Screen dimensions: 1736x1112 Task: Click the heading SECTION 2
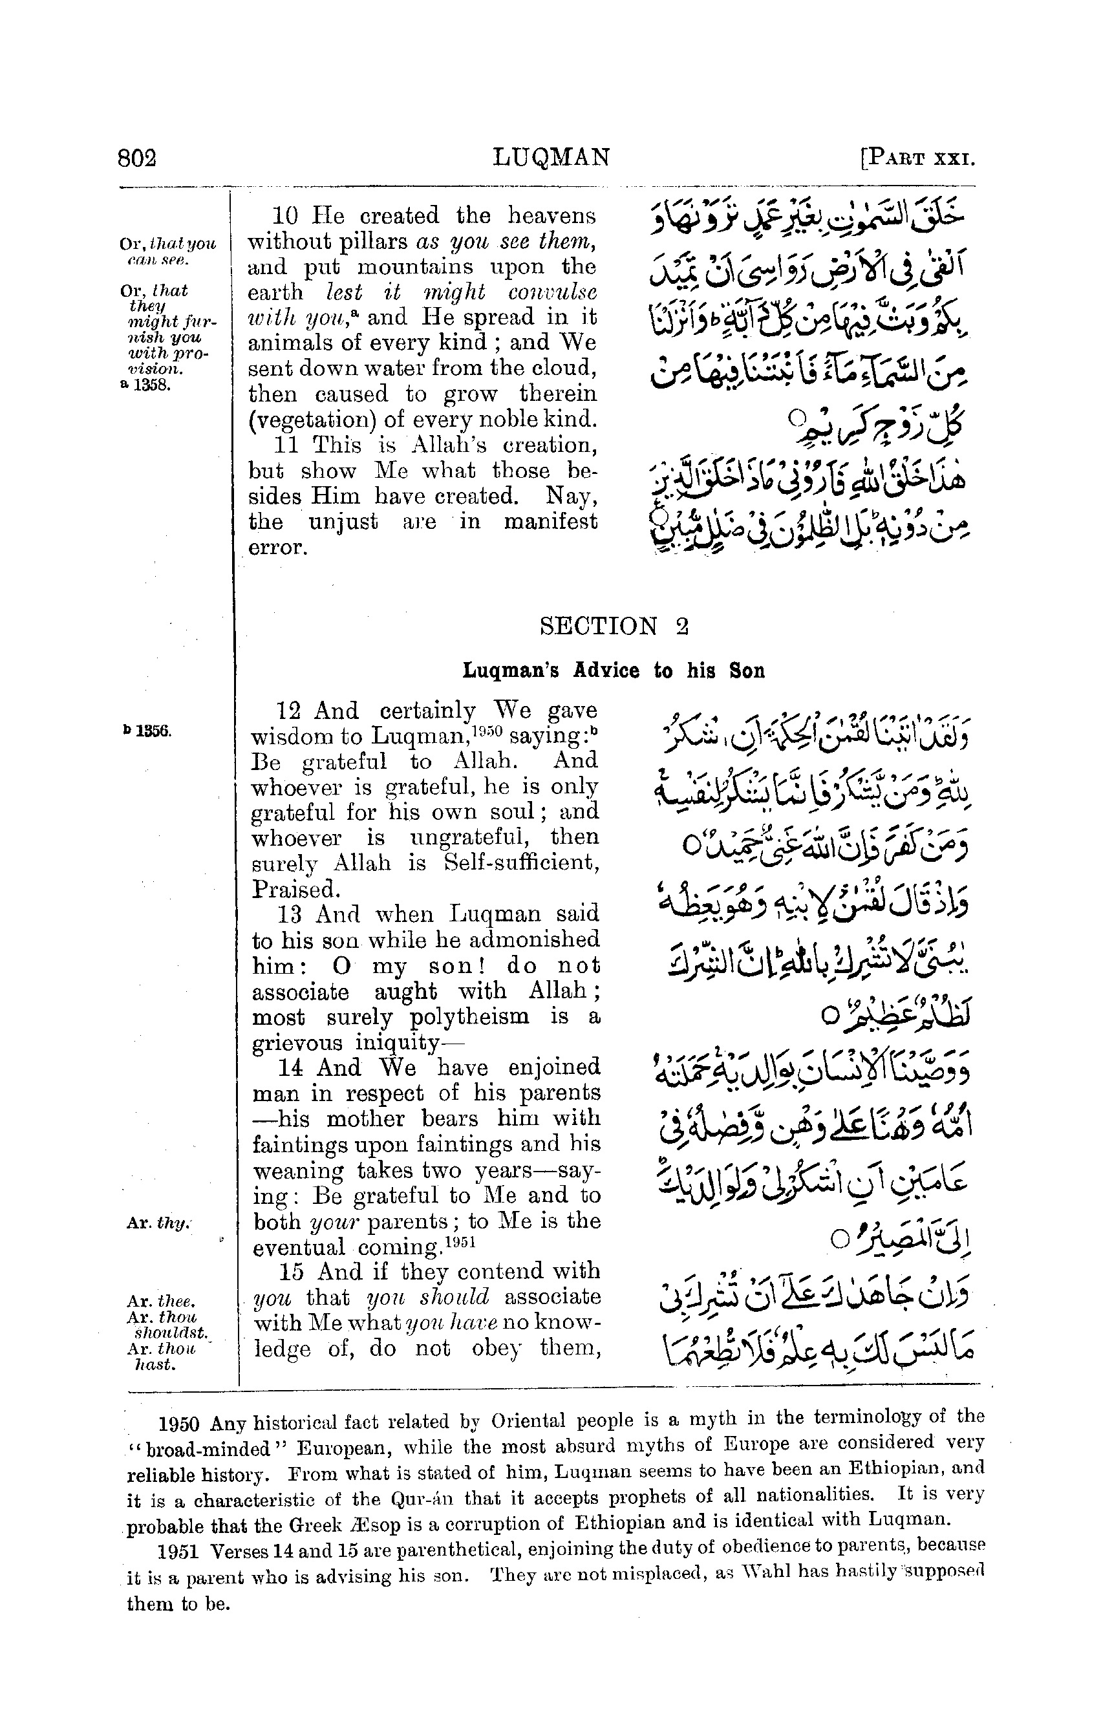(614, 625)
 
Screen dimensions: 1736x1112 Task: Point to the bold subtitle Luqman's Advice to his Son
(613, 671)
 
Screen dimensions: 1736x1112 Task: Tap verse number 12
(289, 711)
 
